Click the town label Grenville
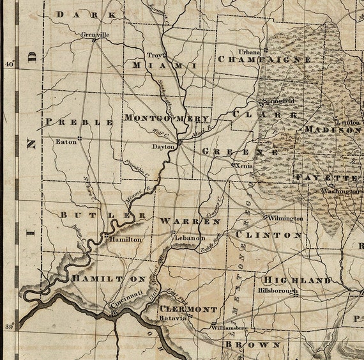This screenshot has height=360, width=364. (95, 34)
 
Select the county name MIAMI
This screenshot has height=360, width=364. (164, 66)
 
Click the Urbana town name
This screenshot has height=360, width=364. (250, 51)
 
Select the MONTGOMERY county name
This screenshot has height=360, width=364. (167, 119)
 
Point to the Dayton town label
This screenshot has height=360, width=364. (163, 146)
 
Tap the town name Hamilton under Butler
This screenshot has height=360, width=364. (126, 239)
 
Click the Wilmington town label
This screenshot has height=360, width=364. (285, 219)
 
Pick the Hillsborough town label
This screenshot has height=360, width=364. (278, 290)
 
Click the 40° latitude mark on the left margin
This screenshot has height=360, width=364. (9, 64)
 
